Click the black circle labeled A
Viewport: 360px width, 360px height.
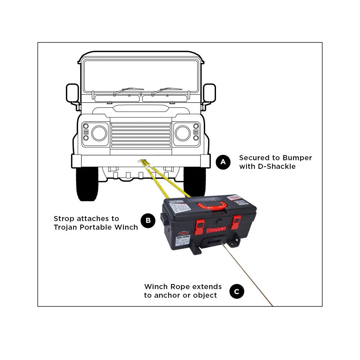click(x=223, y=162)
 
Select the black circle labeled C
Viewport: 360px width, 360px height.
click(x=237, y=292)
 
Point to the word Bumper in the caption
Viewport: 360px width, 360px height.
click(x=297, y=158)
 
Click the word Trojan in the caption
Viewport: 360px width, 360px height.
click(x=65, y=227)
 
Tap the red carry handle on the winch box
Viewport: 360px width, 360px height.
click(x=212, y=206)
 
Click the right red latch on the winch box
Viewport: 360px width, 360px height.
click(x=236, y=222)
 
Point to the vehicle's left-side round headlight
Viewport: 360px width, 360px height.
click(x=99, y=133)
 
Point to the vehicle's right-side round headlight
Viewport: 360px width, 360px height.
click(x=183, y=133)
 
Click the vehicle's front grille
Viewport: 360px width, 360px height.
click(x=141, y=135)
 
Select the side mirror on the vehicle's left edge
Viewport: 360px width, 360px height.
click(x=72, y=93)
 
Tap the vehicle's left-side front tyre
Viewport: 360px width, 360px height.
click(x=87, y=184)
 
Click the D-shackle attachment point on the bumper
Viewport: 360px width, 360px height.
click(x=140, y=162)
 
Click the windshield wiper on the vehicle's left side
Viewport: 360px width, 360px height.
click(x=128, y=90)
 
